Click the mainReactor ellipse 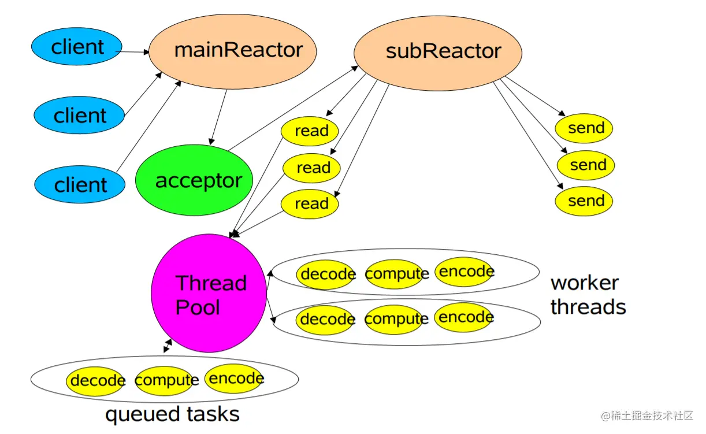(233, 51)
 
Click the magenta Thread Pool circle (209, 294)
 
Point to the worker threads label (588, 295)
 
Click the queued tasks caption (172, 414)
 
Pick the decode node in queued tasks (95, 380)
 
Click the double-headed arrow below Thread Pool (168, 346)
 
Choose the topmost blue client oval (77, 46)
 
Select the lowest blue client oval (80, 185)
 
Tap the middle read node (312, 168)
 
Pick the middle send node (586, 165)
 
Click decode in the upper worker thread (326, 274)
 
